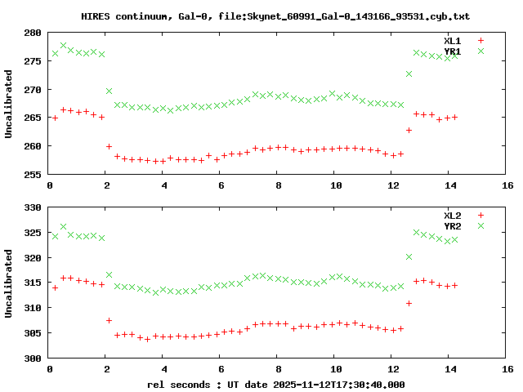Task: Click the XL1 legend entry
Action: coord(453,41)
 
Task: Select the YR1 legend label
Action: coord(453,51)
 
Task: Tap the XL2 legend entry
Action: coord(453,216)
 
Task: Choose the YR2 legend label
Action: coord(453,226)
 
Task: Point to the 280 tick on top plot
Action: coord(34,33)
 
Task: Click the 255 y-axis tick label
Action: coord(34,175)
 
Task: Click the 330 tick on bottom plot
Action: coord(34,207)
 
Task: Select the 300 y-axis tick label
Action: coord(34,359)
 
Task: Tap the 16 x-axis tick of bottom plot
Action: coord(507,369)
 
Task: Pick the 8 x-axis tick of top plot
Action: coord(278,185)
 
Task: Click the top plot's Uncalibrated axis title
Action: coord(8,104)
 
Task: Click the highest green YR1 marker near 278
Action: coord(63,46)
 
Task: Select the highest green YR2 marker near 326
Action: coord(63,227)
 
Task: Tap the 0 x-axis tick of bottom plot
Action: coord(49,369)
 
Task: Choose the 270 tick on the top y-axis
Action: coord(34,90)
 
